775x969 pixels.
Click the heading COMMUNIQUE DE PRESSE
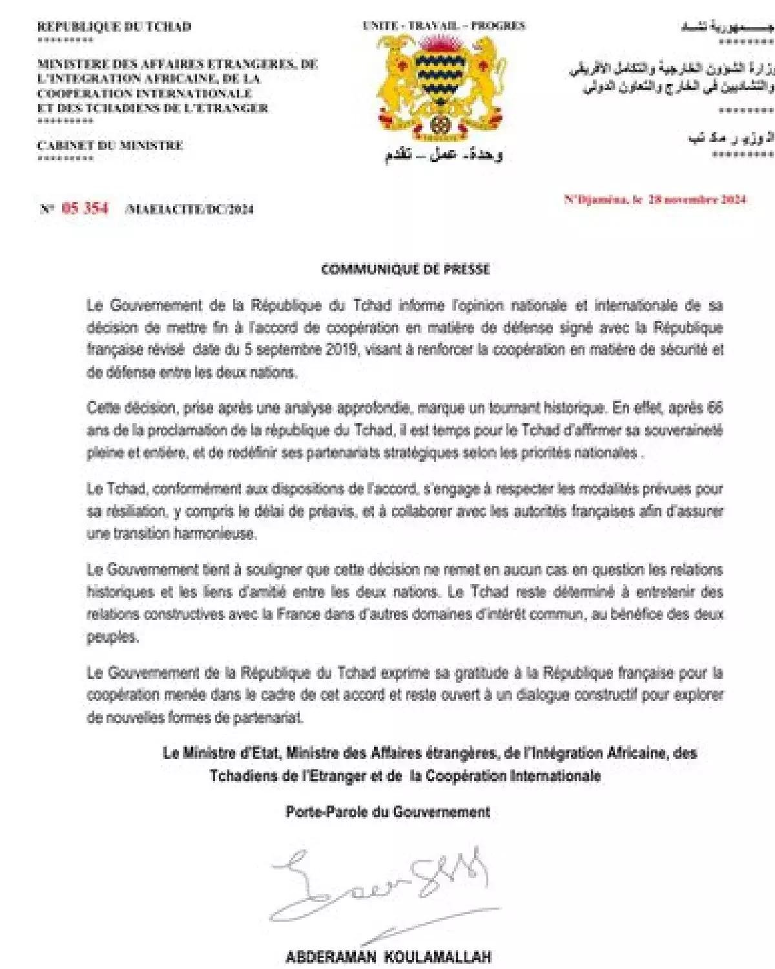tap(405, 269)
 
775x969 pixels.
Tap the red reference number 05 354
tap(85, 208)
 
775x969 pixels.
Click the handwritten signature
tap(381, 885)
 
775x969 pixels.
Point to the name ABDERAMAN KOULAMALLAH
tap(388, 957)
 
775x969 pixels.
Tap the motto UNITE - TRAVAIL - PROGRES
tap(444, 26)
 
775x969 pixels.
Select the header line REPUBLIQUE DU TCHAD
tap(114, 26)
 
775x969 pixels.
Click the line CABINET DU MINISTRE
tap(110, 145)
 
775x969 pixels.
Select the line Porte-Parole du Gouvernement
tap(387, 812)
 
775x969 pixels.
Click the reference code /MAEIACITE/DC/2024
tap(189, 209)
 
